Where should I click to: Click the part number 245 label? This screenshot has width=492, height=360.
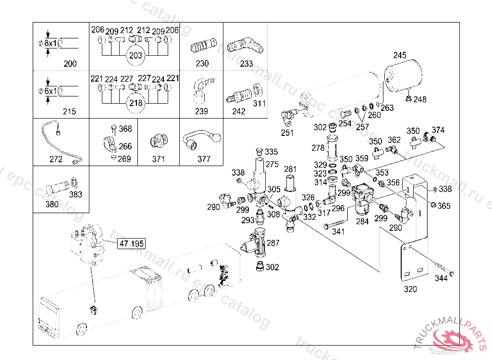tap(400, 55)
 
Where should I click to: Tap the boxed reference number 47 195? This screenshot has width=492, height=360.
tap(131, 243)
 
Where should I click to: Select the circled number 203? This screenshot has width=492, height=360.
tap(136, 55)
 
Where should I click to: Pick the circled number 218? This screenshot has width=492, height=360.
tap(136, 103)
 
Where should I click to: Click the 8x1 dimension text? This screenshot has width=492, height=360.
tap(50, 43)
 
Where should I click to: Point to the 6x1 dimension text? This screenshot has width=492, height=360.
tap(50, 91)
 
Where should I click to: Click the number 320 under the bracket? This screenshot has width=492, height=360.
tap(410, 289)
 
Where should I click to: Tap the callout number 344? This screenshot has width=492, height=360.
tap(441, 278)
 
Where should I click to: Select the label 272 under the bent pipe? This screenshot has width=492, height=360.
tap(56, 159)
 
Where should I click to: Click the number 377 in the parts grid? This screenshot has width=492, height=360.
tap(204, 159)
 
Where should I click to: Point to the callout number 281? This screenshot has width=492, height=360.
tap(291, 169)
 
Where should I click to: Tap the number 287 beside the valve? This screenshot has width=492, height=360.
tap(273, 243)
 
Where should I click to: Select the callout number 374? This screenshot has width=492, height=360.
tap(438, 130)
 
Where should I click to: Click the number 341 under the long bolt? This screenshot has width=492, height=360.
tap(338, 231)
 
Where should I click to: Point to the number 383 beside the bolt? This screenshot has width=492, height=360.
tap(75, 194)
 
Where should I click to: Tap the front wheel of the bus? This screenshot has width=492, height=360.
tap(81, 331)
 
